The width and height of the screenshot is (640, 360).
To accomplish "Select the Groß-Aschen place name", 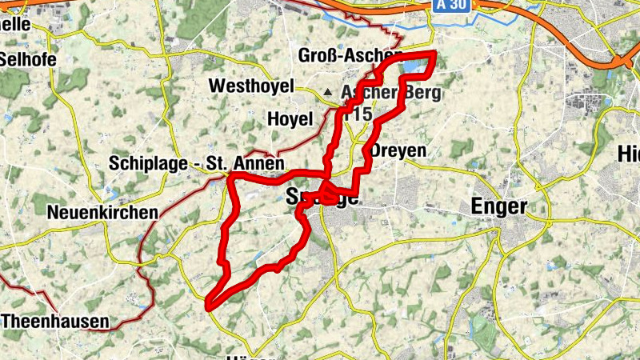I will point(349,55).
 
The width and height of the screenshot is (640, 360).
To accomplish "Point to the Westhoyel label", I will point(250,86).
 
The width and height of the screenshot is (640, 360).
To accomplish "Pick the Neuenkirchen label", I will point(102,213).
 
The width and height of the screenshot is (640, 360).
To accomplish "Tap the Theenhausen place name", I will point(55,322).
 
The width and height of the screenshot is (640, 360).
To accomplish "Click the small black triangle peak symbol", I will point(326,91).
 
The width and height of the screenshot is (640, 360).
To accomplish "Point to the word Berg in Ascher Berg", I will point(421,94).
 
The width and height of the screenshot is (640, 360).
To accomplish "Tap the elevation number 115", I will point(362,114).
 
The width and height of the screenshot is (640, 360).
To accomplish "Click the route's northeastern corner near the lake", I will point(434,54).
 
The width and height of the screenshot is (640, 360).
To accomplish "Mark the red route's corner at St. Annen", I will point(230,174).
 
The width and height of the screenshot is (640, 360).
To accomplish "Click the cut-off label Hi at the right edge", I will point(629,154).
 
